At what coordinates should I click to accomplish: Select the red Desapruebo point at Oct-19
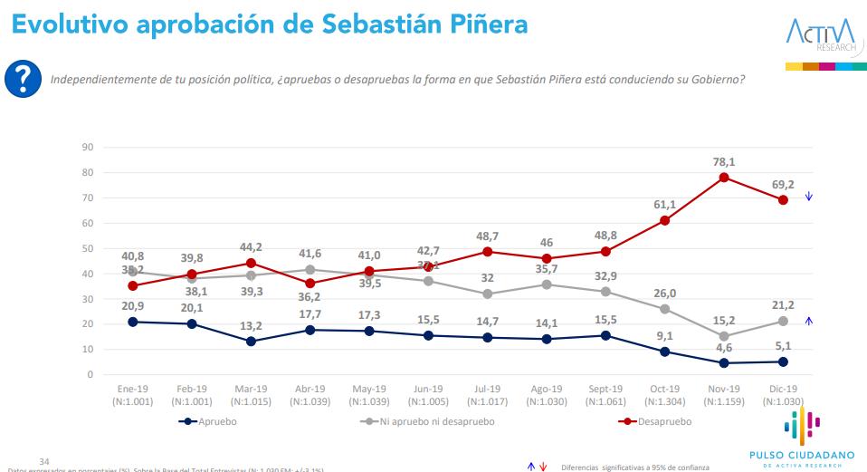click(665, 220)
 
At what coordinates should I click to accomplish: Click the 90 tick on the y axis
click(88, 147)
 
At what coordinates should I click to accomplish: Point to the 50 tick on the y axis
click(88, 248)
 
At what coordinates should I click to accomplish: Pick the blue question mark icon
click(23, 80)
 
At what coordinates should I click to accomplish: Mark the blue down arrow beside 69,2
click(808, 197)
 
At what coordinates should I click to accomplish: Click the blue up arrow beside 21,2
click(808, 320)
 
